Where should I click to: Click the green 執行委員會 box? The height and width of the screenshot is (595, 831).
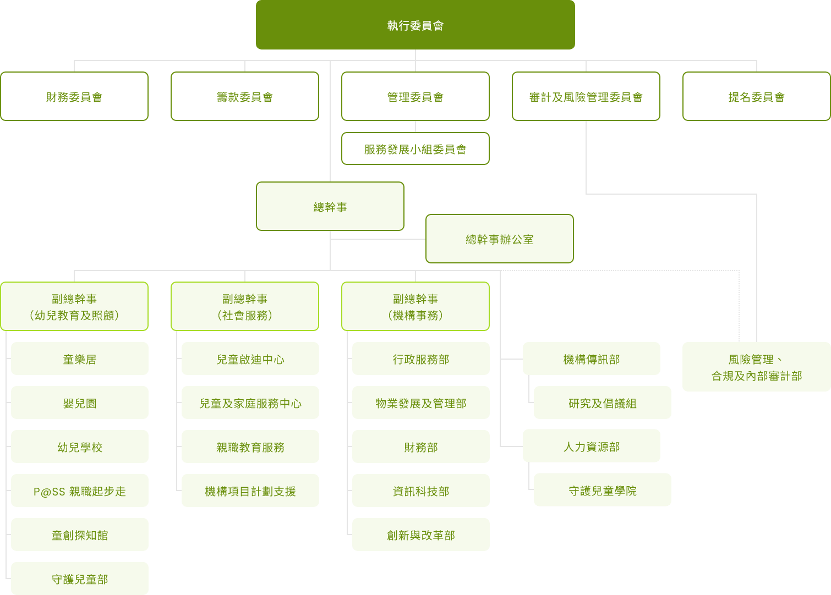(x=415, y=25)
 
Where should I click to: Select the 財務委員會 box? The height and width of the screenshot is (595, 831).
(x=74, y=96)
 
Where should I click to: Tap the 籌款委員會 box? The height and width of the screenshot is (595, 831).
(x=245, y=96)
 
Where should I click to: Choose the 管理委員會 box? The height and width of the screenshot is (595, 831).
(x=415, y=96)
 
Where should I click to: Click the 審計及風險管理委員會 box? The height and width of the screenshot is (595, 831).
(x=586, y=96)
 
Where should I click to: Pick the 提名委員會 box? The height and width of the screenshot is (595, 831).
(x=756, y=96)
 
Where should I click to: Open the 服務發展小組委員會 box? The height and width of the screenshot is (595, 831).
(x=415, y=148)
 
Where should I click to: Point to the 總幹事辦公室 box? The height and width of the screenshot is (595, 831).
(x=499, y=239)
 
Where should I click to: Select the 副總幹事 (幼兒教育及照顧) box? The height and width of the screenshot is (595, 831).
(x=74, y=306)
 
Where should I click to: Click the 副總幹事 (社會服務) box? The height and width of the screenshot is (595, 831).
(x=245, y=306)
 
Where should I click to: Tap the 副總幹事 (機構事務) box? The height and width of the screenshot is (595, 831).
(x=415, y=306)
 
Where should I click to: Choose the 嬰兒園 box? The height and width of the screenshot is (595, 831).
(x=80, y=403)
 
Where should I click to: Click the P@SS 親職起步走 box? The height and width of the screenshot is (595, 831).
(x=80, y=491)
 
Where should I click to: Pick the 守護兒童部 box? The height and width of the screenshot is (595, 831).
(x=80, y=579)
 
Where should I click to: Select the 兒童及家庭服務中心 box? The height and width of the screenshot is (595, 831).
(x=250, y=403)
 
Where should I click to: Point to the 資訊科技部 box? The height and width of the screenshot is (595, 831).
(x=421, y=491)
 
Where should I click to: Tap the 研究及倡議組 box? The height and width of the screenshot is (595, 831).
(x=603, y=403)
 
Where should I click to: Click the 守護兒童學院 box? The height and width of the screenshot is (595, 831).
(x=603, y=490)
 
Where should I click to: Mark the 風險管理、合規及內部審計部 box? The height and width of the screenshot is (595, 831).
(x=757, y=367)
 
